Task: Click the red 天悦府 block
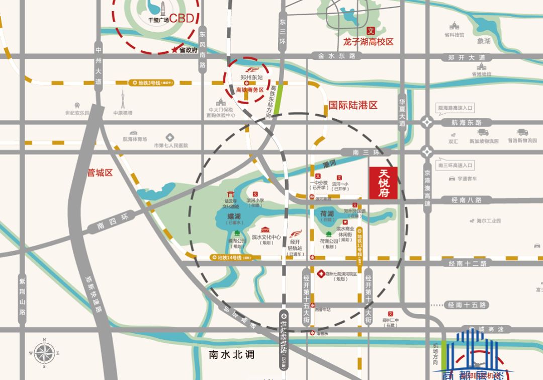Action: pos(384,183)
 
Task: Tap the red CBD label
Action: pos(182,19)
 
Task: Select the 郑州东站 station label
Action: pos(251,78)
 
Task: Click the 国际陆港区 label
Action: pos(353,105)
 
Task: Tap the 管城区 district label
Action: pos(100,173)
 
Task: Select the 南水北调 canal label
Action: pos(232,355)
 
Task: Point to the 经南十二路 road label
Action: pos(468,263)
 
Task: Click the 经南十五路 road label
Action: pos(468,305)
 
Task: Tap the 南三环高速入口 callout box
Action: pos(455,165)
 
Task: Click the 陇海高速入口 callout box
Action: pos(455,108)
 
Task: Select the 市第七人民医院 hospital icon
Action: pos(170,137)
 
